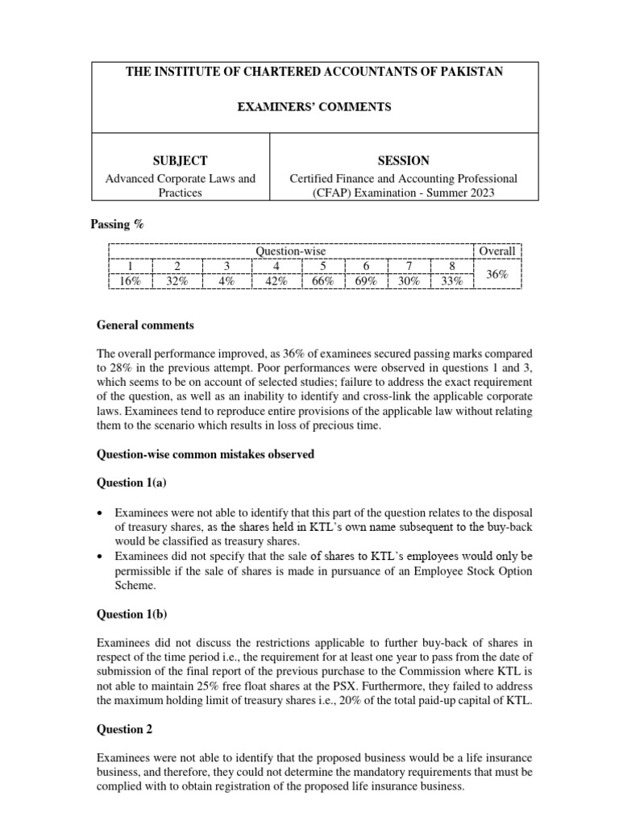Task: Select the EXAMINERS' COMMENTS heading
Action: pos(315,107)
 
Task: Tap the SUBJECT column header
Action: pos(181,160)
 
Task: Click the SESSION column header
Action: pos(403,160)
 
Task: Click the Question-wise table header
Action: pos(291,251)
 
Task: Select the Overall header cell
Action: pos(496,251)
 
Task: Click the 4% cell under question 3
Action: pos(226,281)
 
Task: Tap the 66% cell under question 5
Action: pos(322,281)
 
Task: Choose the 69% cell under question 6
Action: pos(366,281)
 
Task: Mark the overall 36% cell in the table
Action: pos(496,274)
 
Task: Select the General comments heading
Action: pos(145,325)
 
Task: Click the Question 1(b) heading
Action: pos(132,615)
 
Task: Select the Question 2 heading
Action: pos(125,729)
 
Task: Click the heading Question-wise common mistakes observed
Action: pos(205,454)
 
